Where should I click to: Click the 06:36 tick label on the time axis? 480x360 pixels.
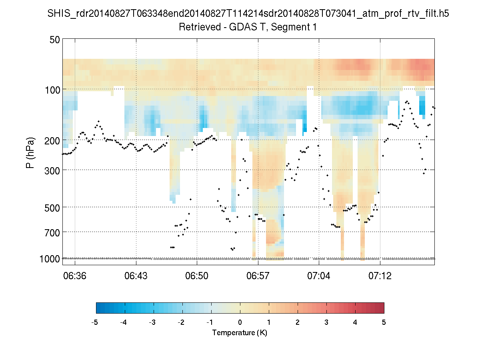75,276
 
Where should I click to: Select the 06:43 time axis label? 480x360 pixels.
136,276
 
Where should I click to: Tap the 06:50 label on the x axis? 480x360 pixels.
197,276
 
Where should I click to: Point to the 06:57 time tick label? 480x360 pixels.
258,276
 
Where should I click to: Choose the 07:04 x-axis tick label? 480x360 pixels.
319,276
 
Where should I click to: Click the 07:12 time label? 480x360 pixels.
380,276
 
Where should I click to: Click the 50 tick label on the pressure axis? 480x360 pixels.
55,40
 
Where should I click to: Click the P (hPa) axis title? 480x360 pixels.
30,153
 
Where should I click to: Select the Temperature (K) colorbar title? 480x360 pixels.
240,333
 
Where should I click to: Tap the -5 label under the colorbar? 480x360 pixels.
95,322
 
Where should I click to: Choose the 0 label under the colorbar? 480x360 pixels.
240,322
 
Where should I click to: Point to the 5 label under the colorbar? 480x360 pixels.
384,322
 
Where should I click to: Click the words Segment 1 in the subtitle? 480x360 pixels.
297,27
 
